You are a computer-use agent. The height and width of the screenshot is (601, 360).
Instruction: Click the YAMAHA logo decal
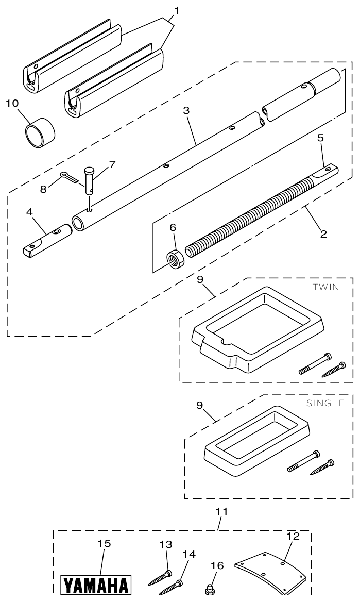[96, 586]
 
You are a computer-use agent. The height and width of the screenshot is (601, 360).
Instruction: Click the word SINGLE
[325, 403]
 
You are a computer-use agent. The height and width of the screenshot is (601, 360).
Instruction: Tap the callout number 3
[186, 110]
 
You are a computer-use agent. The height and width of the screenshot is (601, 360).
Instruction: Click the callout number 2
[323, 233]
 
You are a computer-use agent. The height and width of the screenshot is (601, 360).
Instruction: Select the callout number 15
[104, 543]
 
